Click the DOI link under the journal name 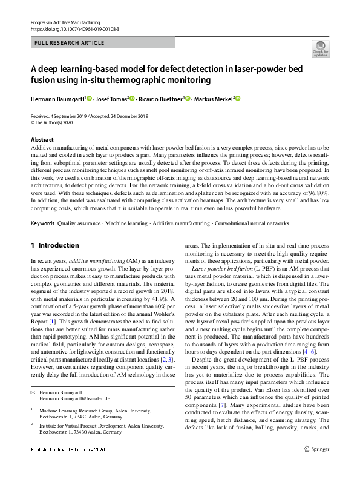(74, 28)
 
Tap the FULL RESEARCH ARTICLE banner (70, 43)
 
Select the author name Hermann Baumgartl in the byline (58, 99)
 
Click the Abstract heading (42, 140)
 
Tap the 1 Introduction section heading (54, 245)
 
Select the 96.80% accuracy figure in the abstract (315, 193)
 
